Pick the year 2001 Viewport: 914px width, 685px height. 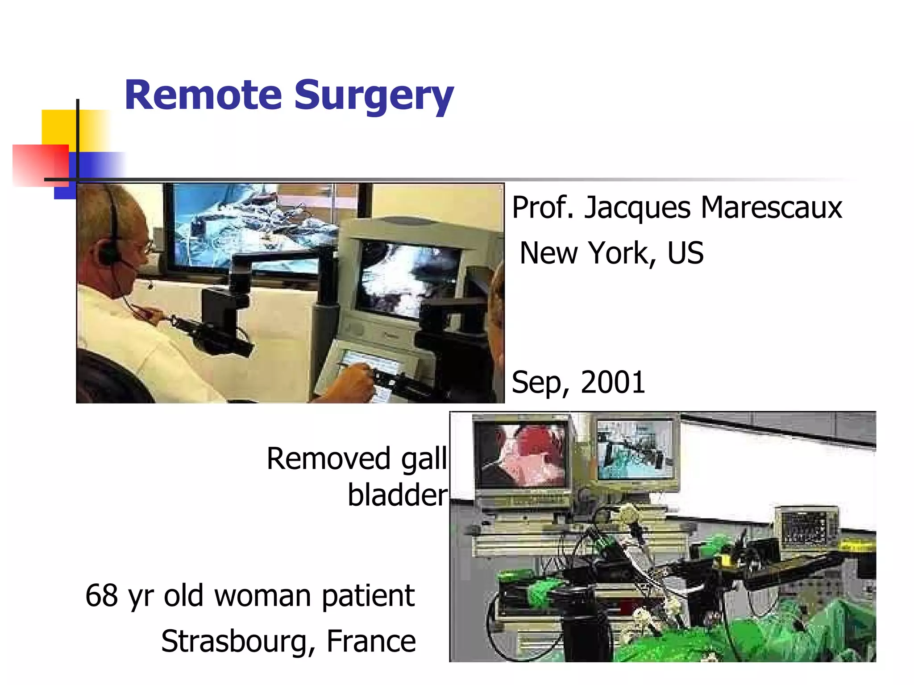(x=613, y=382)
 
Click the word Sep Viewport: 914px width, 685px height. (x=540, y=383)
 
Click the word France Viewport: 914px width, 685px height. (x=371, y=641)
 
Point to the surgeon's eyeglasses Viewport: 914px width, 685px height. (x=148, y=246)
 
